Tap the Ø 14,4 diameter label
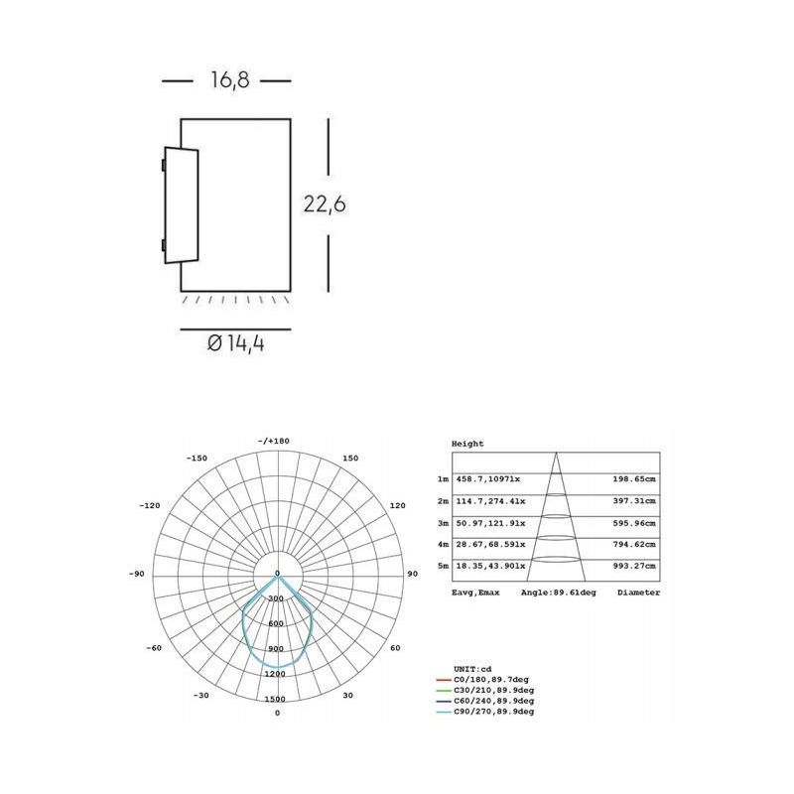click(x=235, y=344)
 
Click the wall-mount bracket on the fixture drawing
click(x=181, y=205)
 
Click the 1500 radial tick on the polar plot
click(x=276, y=699)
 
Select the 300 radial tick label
click(x=276, y=598)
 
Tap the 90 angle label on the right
click(x=412, y=575)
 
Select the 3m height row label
click(x=443, y=521)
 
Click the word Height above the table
click(x=466, y=444)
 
